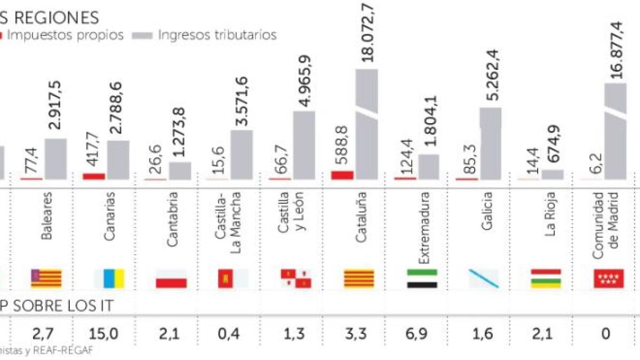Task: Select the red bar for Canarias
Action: click(94, 176)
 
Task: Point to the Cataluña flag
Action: click(359, 278)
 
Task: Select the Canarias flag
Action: click(109, 278)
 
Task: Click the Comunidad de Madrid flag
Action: click(609, 278)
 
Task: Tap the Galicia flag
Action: click(483, 278)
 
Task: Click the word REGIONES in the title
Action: click(56, 17)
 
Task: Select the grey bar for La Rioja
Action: click(553, 174)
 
